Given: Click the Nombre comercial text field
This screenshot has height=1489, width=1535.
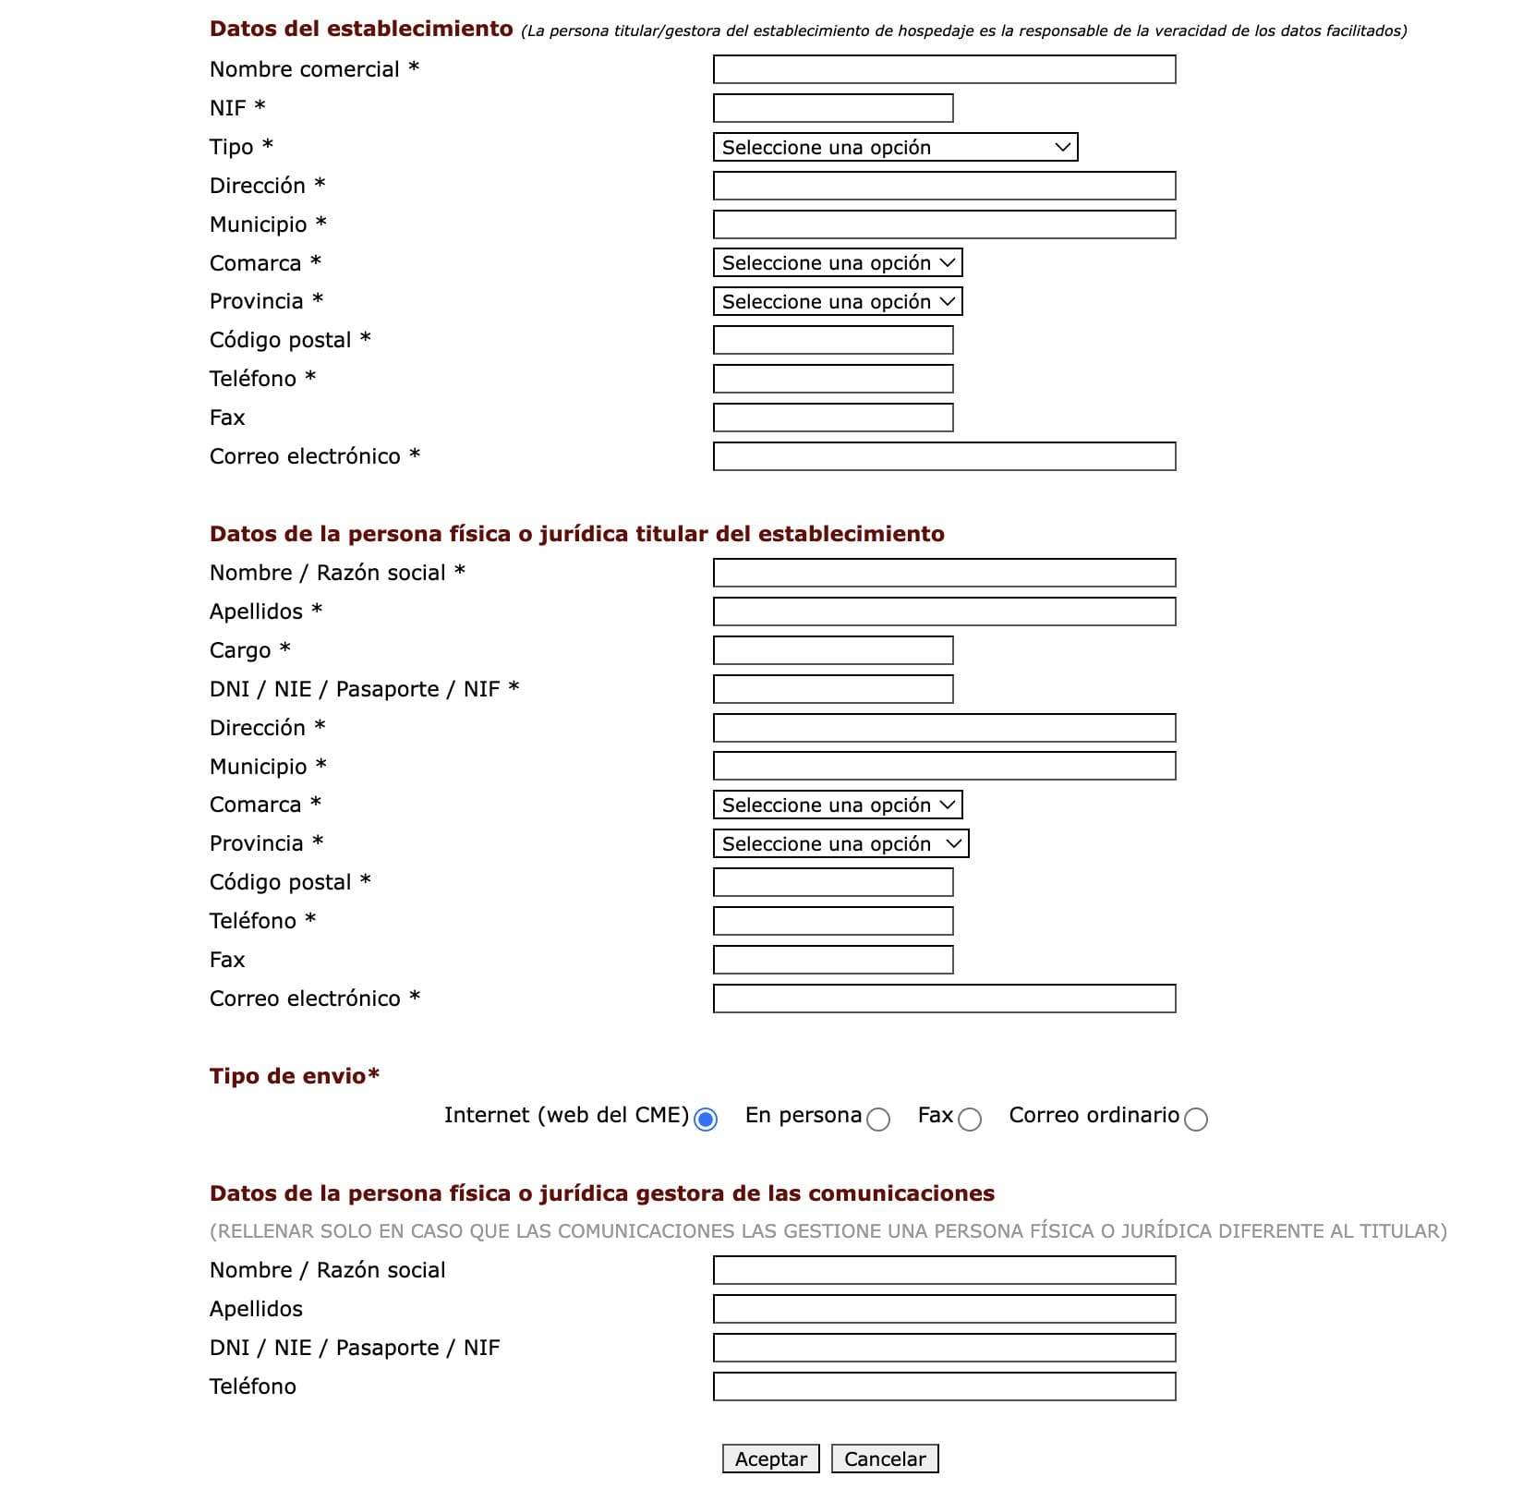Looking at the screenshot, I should (x=943, y=69).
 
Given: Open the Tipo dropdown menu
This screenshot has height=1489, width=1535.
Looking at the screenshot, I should (x=894, y=147).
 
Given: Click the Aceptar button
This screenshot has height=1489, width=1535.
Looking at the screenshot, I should (x=770, y=1459).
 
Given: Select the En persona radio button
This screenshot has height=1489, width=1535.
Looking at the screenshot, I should (x=878, y=1120).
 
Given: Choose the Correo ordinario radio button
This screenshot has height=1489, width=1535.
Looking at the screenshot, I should (x=1195, y=1120).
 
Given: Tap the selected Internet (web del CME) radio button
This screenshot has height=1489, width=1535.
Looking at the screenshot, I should (x=706, y=1120).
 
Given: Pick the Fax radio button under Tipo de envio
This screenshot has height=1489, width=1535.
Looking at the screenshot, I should (x=969, y=1120).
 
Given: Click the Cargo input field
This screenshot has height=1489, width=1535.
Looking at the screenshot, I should (x=832, y=650).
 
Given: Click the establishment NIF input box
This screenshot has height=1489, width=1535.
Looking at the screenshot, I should (x=832, y=108).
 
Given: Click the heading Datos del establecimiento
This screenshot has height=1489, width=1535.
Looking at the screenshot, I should (x=360, y=29).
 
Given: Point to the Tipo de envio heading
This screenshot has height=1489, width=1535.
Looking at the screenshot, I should (x=294, y=1076).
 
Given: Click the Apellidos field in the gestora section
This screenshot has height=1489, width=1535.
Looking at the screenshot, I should (x=943, y=1309).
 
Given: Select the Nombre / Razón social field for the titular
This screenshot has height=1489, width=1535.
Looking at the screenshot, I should (x=943, y=573).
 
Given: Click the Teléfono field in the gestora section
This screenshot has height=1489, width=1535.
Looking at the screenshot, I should (x=943, y=1386).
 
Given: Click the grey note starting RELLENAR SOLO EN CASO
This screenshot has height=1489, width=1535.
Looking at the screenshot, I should (x=828, y=1231).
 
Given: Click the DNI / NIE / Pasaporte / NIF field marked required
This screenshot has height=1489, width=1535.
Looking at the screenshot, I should (x=832, y=689).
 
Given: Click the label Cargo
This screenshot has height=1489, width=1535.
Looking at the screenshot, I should (x=240, y=650).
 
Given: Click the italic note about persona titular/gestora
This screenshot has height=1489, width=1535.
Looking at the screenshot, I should (x=963, y=31).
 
